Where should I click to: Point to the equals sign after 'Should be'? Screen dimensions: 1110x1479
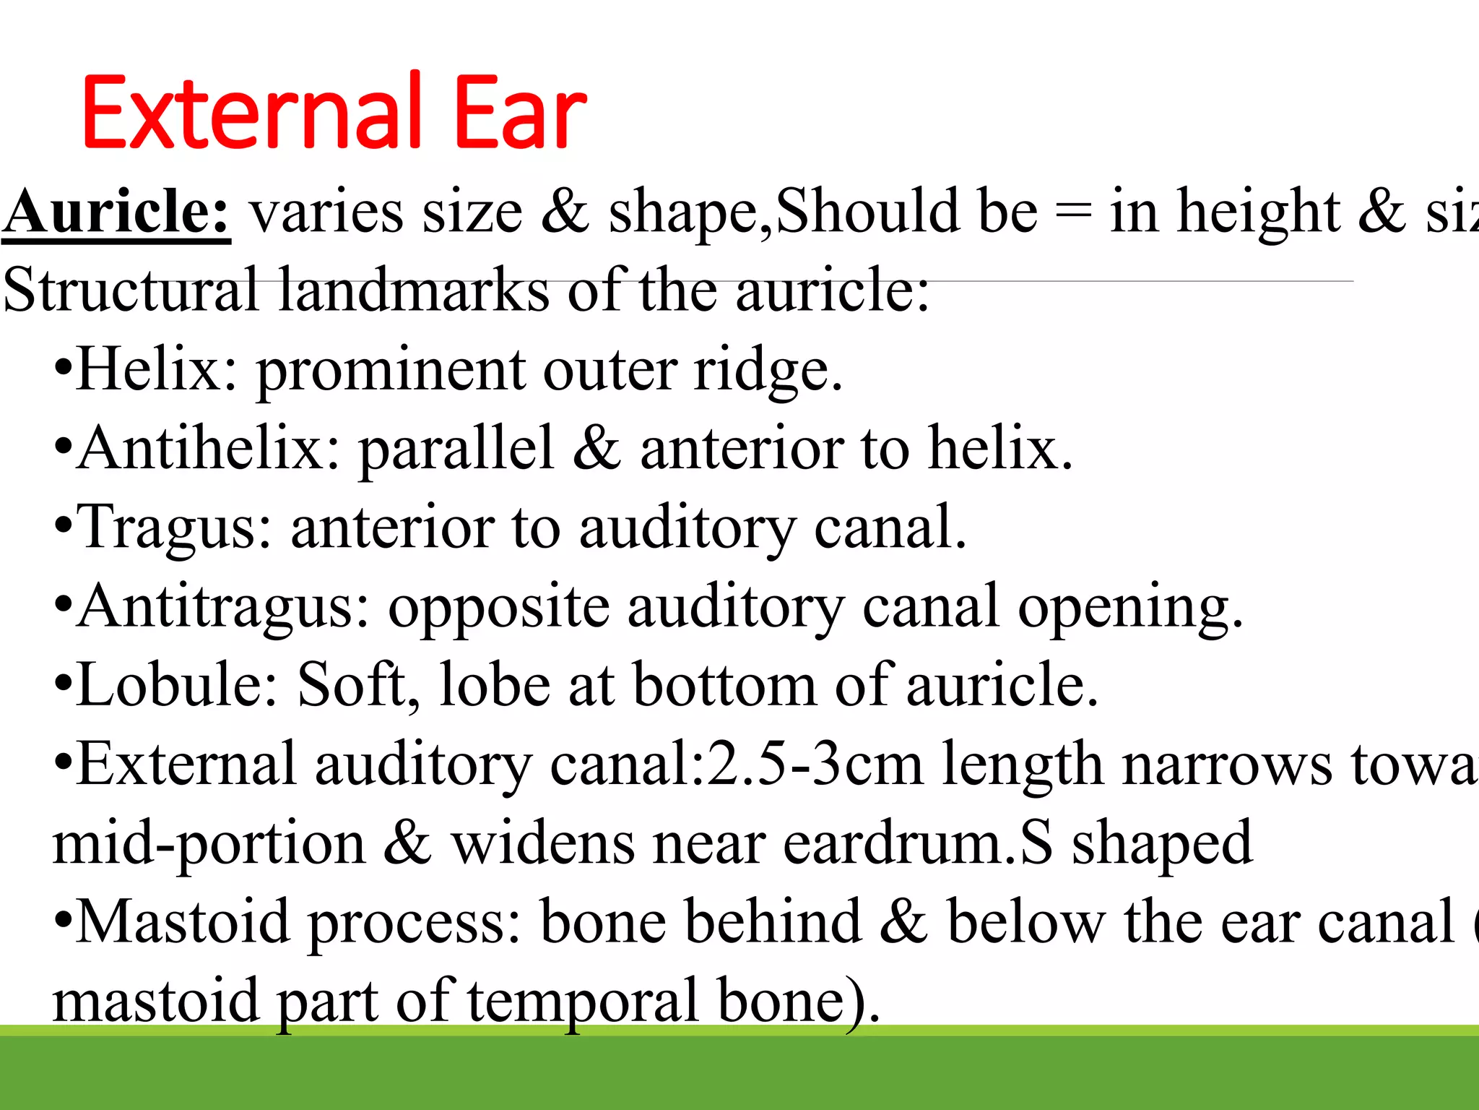pos(1073,214)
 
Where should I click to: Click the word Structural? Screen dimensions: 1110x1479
pos(131,290)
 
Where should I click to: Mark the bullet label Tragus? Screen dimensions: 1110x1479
pos(174,527)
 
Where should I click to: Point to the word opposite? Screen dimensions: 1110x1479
pos(499,607)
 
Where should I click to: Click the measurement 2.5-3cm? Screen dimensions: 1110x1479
pos(816,764)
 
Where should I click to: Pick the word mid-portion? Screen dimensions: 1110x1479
pos(209,843)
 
